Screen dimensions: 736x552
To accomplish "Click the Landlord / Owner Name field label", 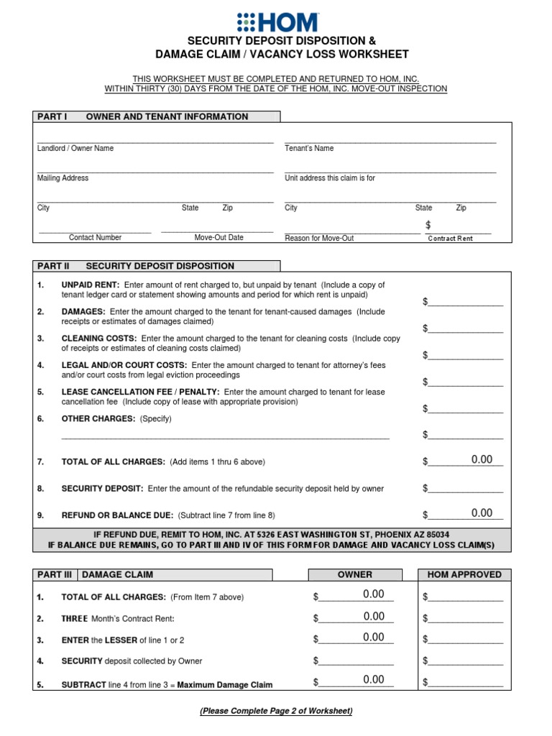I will [x=75, y=149].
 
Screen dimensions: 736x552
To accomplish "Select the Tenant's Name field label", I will [x=309, y=149].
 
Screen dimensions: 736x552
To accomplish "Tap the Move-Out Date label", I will [x=218, y=238].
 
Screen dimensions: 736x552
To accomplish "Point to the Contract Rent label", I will [x=450, y=239].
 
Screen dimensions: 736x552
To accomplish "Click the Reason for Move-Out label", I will [x=319, y=239].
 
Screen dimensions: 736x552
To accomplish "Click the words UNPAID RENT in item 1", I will [x=91, y=285].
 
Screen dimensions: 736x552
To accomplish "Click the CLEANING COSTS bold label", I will [x=99, y=338].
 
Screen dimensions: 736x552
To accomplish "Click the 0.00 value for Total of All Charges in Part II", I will [x=482, y=460].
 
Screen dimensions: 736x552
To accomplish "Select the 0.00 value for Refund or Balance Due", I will [x=482, y=513].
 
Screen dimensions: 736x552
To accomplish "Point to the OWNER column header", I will [x=355, y=575].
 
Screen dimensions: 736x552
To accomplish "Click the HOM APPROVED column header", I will [x=464, y=575].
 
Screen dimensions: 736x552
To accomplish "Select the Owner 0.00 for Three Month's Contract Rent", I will [x=374, y=617].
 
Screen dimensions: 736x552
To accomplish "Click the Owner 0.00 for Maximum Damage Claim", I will [x=374, y=680].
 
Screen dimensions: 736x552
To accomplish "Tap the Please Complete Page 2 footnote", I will [x=276, y=711].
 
